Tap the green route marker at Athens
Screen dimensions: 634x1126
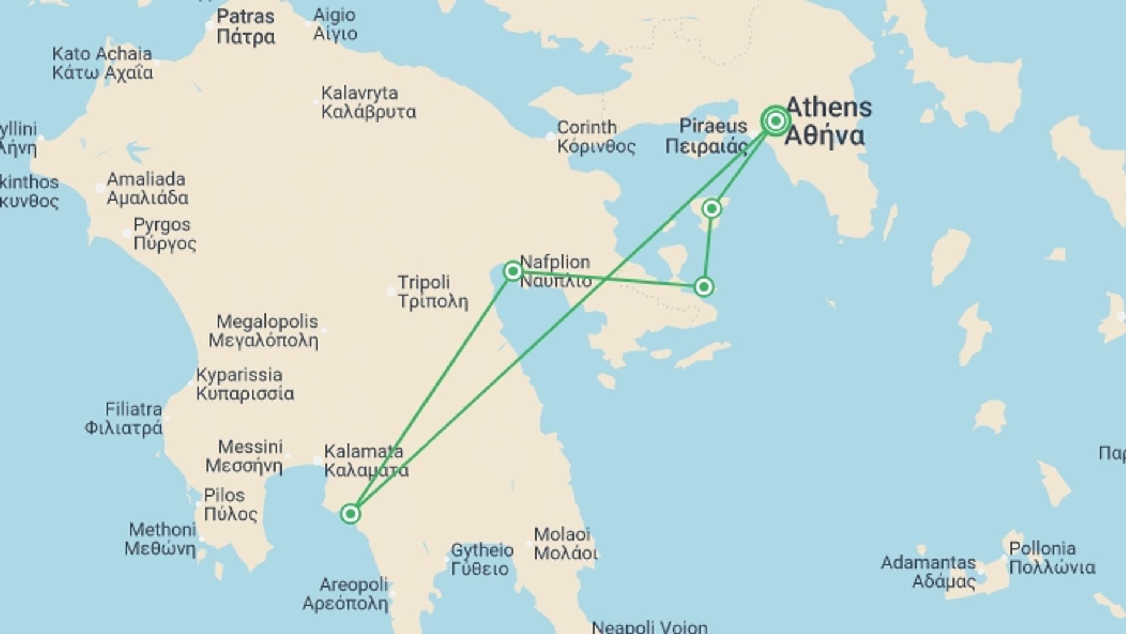pyautogui.click(x=776, y=121)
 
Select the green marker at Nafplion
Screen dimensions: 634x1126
pyautogui.click(x=513, y=271)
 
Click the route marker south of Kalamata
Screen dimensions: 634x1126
pyautogui.click(x=350, y=514)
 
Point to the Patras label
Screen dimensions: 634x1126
pyautogui.click(x=245, y=26)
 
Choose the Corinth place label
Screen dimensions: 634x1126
pyautogui.click(x=595, y=136)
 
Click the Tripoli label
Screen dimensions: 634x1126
pyautogui.click(x=432, y=292)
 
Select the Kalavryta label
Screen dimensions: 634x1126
pyautogui.click(x=368, y=102)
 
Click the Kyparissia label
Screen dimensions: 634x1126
pyautogui.click(x=244, y=384)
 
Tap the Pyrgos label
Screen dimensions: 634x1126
pyautogui.click(x=164, y=234)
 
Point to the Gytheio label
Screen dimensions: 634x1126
pyautogui.click(x=481, y=559)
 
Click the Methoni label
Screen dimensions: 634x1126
pyautogui.click(x=161, y=539)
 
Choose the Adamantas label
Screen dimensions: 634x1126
pyautogui.click(x=928, y=572)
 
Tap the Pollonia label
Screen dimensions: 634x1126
pyautogui.click(x=1052, y=558)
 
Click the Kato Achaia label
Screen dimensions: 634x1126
pyautogui.click(x=103, y=63)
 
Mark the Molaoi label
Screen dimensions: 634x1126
pyautogui.click(x=565, y=544)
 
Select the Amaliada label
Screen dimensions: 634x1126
pyautogui.click(x=147, y=188)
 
